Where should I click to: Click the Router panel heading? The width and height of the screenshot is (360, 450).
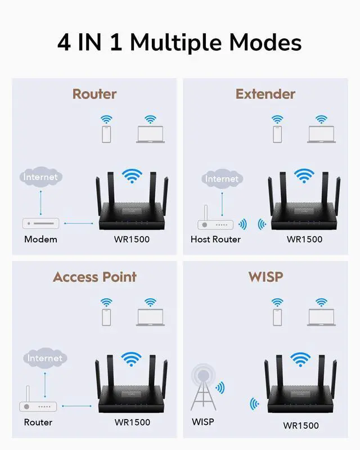click(x=94, y=94)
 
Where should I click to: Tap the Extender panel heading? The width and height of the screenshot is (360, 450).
click(x=265, y=94)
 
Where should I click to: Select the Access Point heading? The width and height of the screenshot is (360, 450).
click(x=94, y=277)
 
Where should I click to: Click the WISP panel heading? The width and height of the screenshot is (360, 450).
click(x=265, y=277)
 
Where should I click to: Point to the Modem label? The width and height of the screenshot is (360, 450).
click(x=40, y=239)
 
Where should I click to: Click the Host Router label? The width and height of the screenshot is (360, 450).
click(x=215, y=239)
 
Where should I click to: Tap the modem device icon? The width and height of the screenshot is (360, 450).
click(x=40, y=223)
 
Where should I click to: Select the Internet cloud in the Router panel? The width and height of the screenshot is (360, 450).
click(x=40, y=177)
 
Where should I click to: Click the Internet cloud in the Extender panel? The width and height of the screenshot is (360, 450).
click(x=222, y=179)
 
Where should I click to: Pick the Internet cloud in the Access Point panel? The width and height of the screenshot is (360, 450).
click(x=45, y=358)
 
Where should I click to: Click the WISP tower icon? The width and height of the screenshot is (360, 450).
click(x=204, y=388)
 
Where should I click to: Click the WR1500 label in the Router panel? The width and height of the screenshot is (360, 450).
click(x=132, y=239)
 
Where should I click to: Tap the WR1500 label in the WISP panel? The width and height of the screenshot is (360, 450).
click(x=301, y=425)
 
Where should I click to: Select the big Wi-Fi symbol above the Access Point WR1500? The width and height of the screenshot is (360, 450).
click(x=132, y=359)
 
